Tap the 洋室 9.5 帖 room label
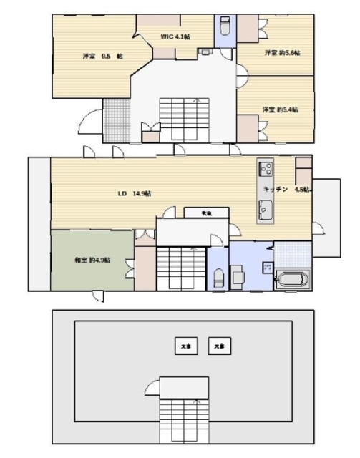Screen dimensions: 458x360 (x=94, y=56)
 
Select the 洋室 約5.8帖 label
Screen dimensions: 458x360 (x=281, y=53)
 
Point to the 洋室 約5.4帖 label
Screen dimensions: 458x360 (x=280, y=109)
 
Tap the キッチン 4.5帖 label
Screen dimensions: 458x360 (x=285, y=190)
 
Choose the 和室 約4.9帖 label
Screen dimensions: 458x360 (x=92, y=260)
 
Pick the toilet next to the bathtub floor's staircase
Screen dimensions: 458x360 (x=218, y=276)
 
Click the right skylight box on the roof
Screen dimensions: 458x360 (x=218, y=346)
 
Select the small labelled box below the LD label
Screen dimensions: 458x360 (x=206, y=213)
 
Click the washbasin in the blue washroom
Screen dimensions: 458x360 (x=238, y=276)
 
